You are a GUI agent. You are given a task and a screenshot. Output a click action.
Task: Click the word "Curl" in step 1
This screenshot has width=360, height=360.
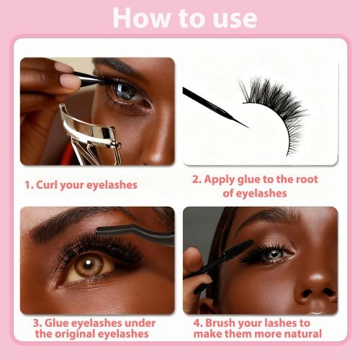pos(47,185)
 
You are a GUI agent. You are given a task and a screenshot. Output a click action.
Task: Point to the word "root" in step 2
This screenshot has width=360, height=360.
pos(307,179)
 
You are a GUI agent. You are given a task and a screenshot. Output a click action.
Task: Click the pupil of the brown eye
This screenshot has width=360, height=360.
pos(88,264)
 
